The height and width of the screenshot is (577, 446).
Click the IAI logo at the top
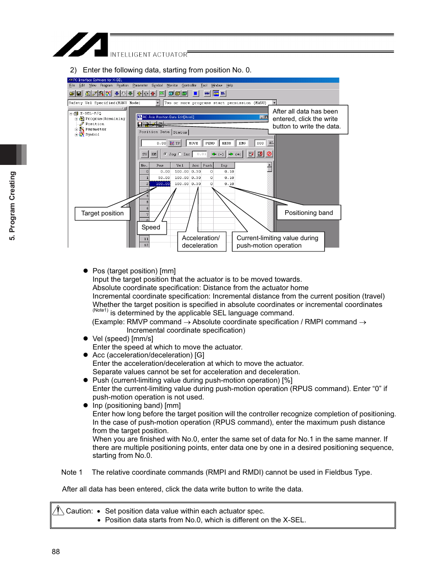[x=80, y=45]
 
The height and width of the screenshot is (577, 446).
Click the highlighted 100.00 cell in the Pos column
[x=160, y=184]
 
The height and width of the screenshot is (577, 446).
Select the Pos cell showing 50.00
[x=160, y=178]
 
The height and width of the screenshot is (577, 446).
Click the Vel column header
[x=180, y=165]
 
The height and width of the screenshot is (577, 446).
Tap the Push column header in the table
[x=207, y=165]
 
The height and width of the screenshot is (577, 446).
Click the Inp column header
[x=224, y=165]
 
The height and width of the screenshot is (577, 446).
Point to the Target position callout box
[x=102, y=214]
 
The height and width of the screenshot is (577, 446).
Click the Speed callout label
[x=151, y=228]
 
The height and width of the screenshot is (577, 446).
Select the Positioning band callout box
[x=309, y=213]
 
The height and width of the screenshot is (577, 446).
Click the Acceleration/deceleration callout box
[x=201, y=242]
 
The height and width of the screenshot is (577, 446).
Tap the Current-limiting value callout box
[x=278, y=242]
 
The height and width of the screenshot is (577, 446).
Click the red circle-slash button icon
[x=269, y=154]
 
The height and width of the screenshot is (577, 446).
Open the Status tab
[x=180, y=132]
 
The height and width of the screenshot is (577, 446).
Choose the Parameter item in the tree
[x=95, y=129]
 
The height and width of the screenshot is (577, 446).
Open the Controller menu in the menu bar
[x=189, y=85]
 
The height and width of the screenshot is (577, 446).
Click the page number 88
[x=56, y=552]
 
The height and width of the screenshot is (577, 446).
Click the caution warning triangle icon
[x=58, y=511]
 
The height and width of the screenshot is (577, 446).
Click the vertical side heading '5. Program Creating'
[x=13, y=206]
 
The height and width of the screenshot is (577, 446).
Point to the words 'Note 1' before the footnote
[x=72, y=472]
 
